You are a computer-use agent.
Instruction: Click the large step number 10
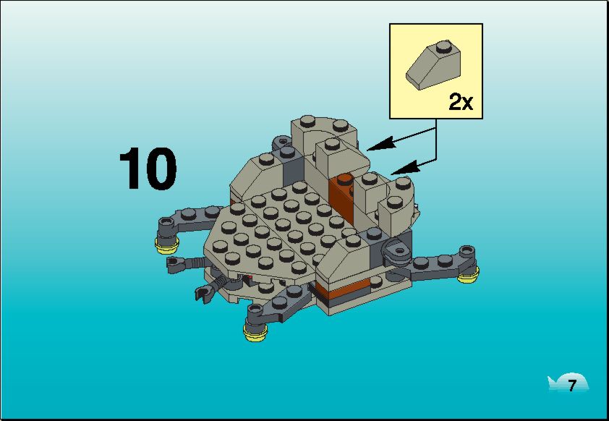(x=148, y=169)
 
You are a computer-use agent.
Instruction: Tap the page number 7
(x=571, y=386)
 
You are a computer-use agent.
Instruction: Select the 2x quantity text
(x=461, y=102)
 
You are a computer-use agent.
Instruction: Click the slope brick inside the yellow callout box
(x=433, y=65)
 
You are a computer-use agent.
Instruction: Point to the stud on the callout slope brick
(x=442, y=46)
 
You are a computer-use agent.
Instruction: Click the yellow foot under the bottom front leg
(x=255, y=333)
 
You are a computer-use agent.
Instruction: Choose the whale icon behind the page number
(x=568, y=383)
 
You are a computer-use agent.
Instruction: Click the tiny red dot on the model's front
(x=250, y=277)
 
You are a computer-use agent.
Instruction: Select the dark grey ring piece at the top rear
(x=282, y=143)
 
